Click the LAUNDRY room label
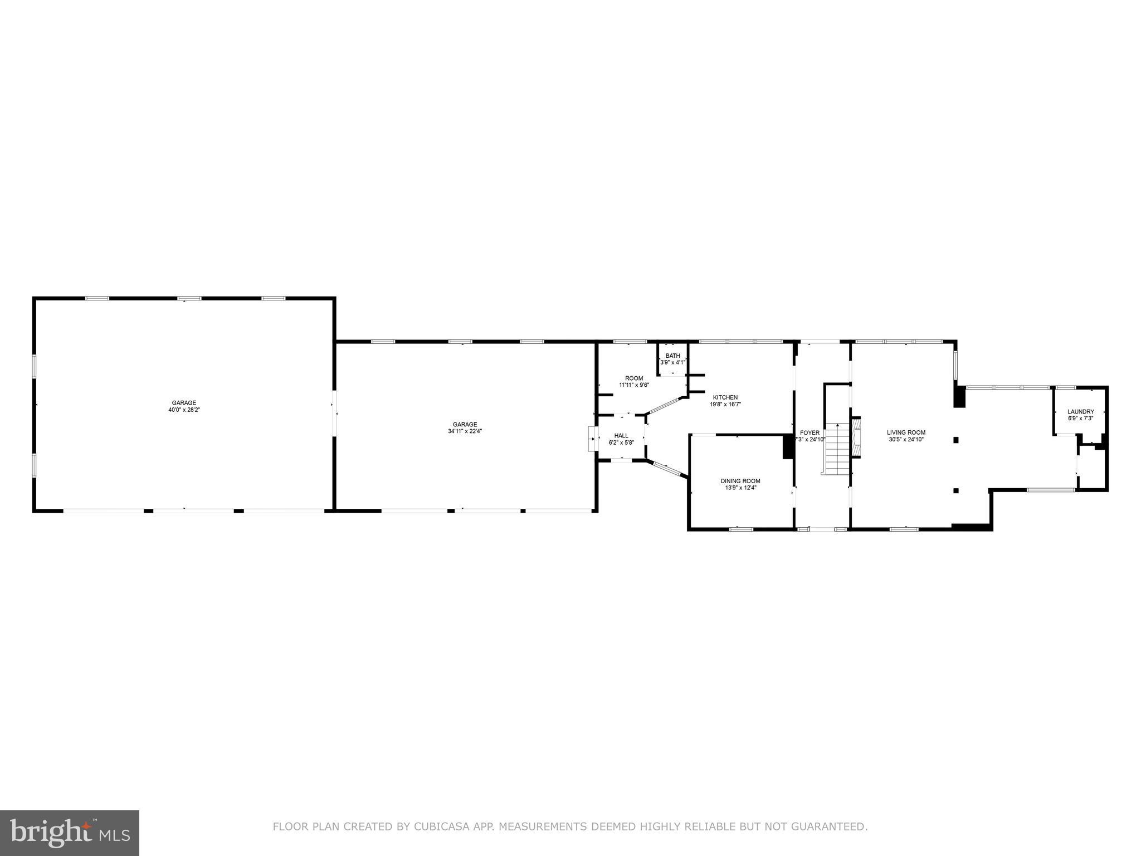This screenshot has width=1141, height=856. [1080, 411]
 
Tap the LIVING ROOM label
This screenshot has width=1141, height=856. [906, 432]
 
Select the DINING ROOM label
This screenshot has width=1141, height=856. [740, 481]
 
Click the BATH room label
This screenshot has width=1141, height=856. [672, 356]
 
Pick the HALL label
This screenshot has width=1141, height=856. [621, 436]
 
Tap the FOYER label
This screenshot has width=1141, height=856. [810, 432]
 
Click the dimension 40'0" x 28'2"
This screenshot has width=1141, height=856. [184, 410]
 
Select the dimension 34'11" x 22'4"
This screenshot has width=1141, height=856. [465, 431]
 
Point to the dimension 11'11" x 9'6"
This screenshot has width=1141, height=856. [633, 385]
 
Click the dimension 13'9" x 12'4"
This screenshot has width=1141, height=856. [740, 488]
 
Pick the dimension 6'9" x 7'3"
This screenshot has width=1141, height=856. [1080, 418]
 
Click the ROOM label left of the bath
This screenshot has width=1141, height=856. [633, 378]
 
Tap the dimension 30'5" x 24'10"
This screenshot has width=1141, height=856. [906, 439]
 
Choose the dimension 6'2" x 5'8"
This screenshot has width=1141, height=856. [621, 442]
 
